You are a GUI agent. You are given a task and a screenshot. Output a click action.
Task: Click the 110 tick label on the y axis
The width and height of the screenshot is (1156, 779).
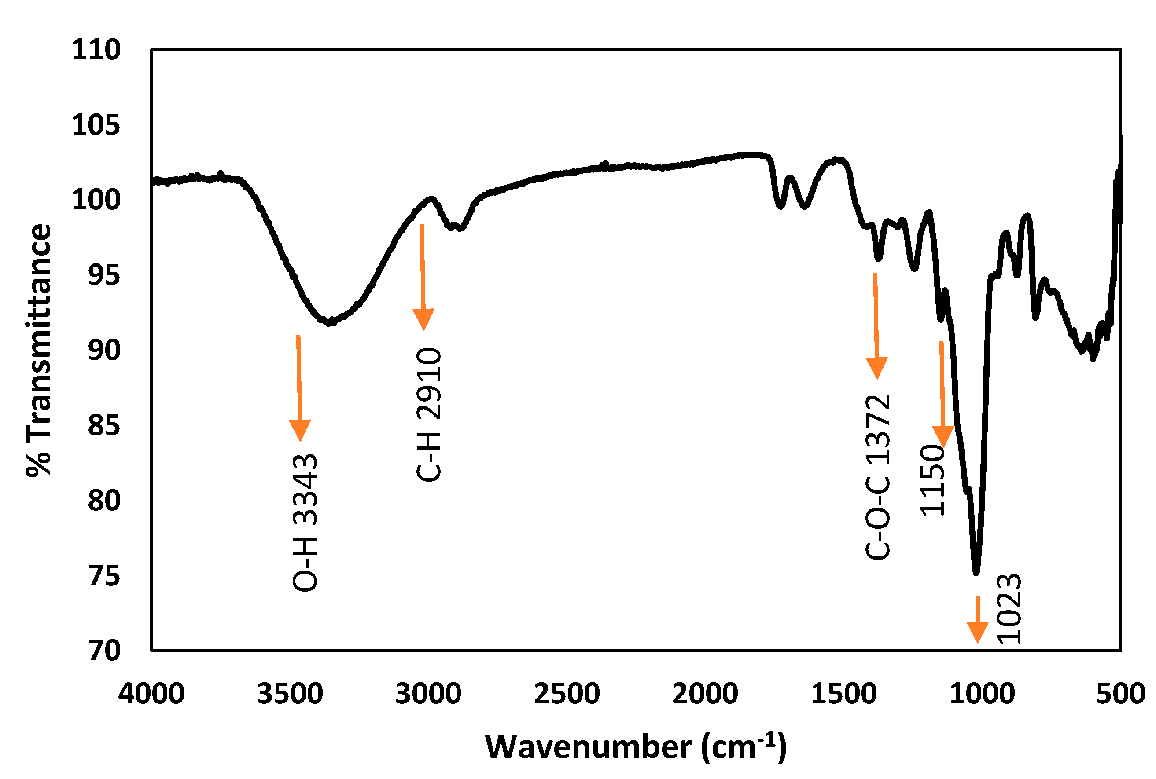[96, 50]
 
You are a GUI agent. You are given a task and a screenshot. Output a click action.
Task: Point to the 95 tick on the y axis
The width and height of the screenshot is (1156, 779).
[104, 275]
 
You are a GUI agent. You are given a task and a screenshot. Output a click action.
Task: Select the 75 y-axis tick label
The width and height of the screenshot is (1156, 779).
[104, 576]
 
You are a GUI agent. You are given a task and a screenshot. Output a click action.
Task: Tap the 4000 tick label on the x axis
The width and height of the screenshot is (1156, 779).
[151, 694]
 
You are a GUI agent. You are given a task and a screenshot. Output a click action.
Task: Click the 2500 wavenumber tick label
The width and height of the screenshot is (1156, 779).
[567, 694]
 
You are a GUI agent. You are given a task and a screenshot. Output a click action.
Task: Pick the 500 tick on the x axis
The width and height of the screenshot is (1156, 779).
[1121, 694]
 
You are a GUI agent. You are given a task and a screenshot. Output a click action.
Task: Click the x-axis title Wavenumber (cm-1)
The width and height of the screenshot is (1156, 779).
[636, 747]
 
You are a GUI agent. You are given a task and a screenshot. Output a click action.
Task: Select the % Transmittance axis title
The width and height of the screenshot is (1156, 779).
[39, 350]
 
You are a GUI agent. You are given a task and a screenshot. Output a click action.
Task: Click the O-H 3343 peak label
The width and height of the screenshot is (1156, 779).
[305, 522]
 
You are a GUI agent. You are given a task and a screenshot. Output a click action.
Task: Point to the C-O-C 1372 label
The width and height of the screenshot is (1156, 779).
[878, 477]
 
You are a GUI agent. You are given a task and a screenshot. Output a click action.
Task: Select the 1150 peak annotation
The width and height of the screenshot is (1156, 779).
[932, 480]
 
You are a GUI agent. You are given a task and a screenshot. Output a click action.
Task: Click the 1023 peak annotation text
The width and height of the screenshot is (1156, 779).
[1009, 609]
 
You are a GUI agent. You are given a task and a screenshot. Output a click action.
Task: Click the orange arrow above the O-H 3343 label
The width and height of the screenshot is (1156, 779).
[299, 388]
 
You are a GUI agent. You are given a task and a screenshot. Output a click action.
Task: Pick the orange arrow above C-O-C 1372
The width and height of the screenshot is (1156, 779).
[876, 325]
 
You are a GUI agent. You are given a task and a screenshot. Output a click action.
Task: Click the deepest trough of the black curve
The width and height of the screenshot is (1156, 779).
[976, 573]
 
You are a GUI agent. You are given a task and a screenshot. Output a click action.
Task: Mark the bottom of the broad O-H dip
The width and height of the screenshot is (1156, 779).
[329, 323]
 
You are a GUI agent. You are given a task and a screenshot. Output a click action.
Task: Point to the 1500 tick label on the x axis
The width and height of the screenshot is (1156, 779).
[844, 694]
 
